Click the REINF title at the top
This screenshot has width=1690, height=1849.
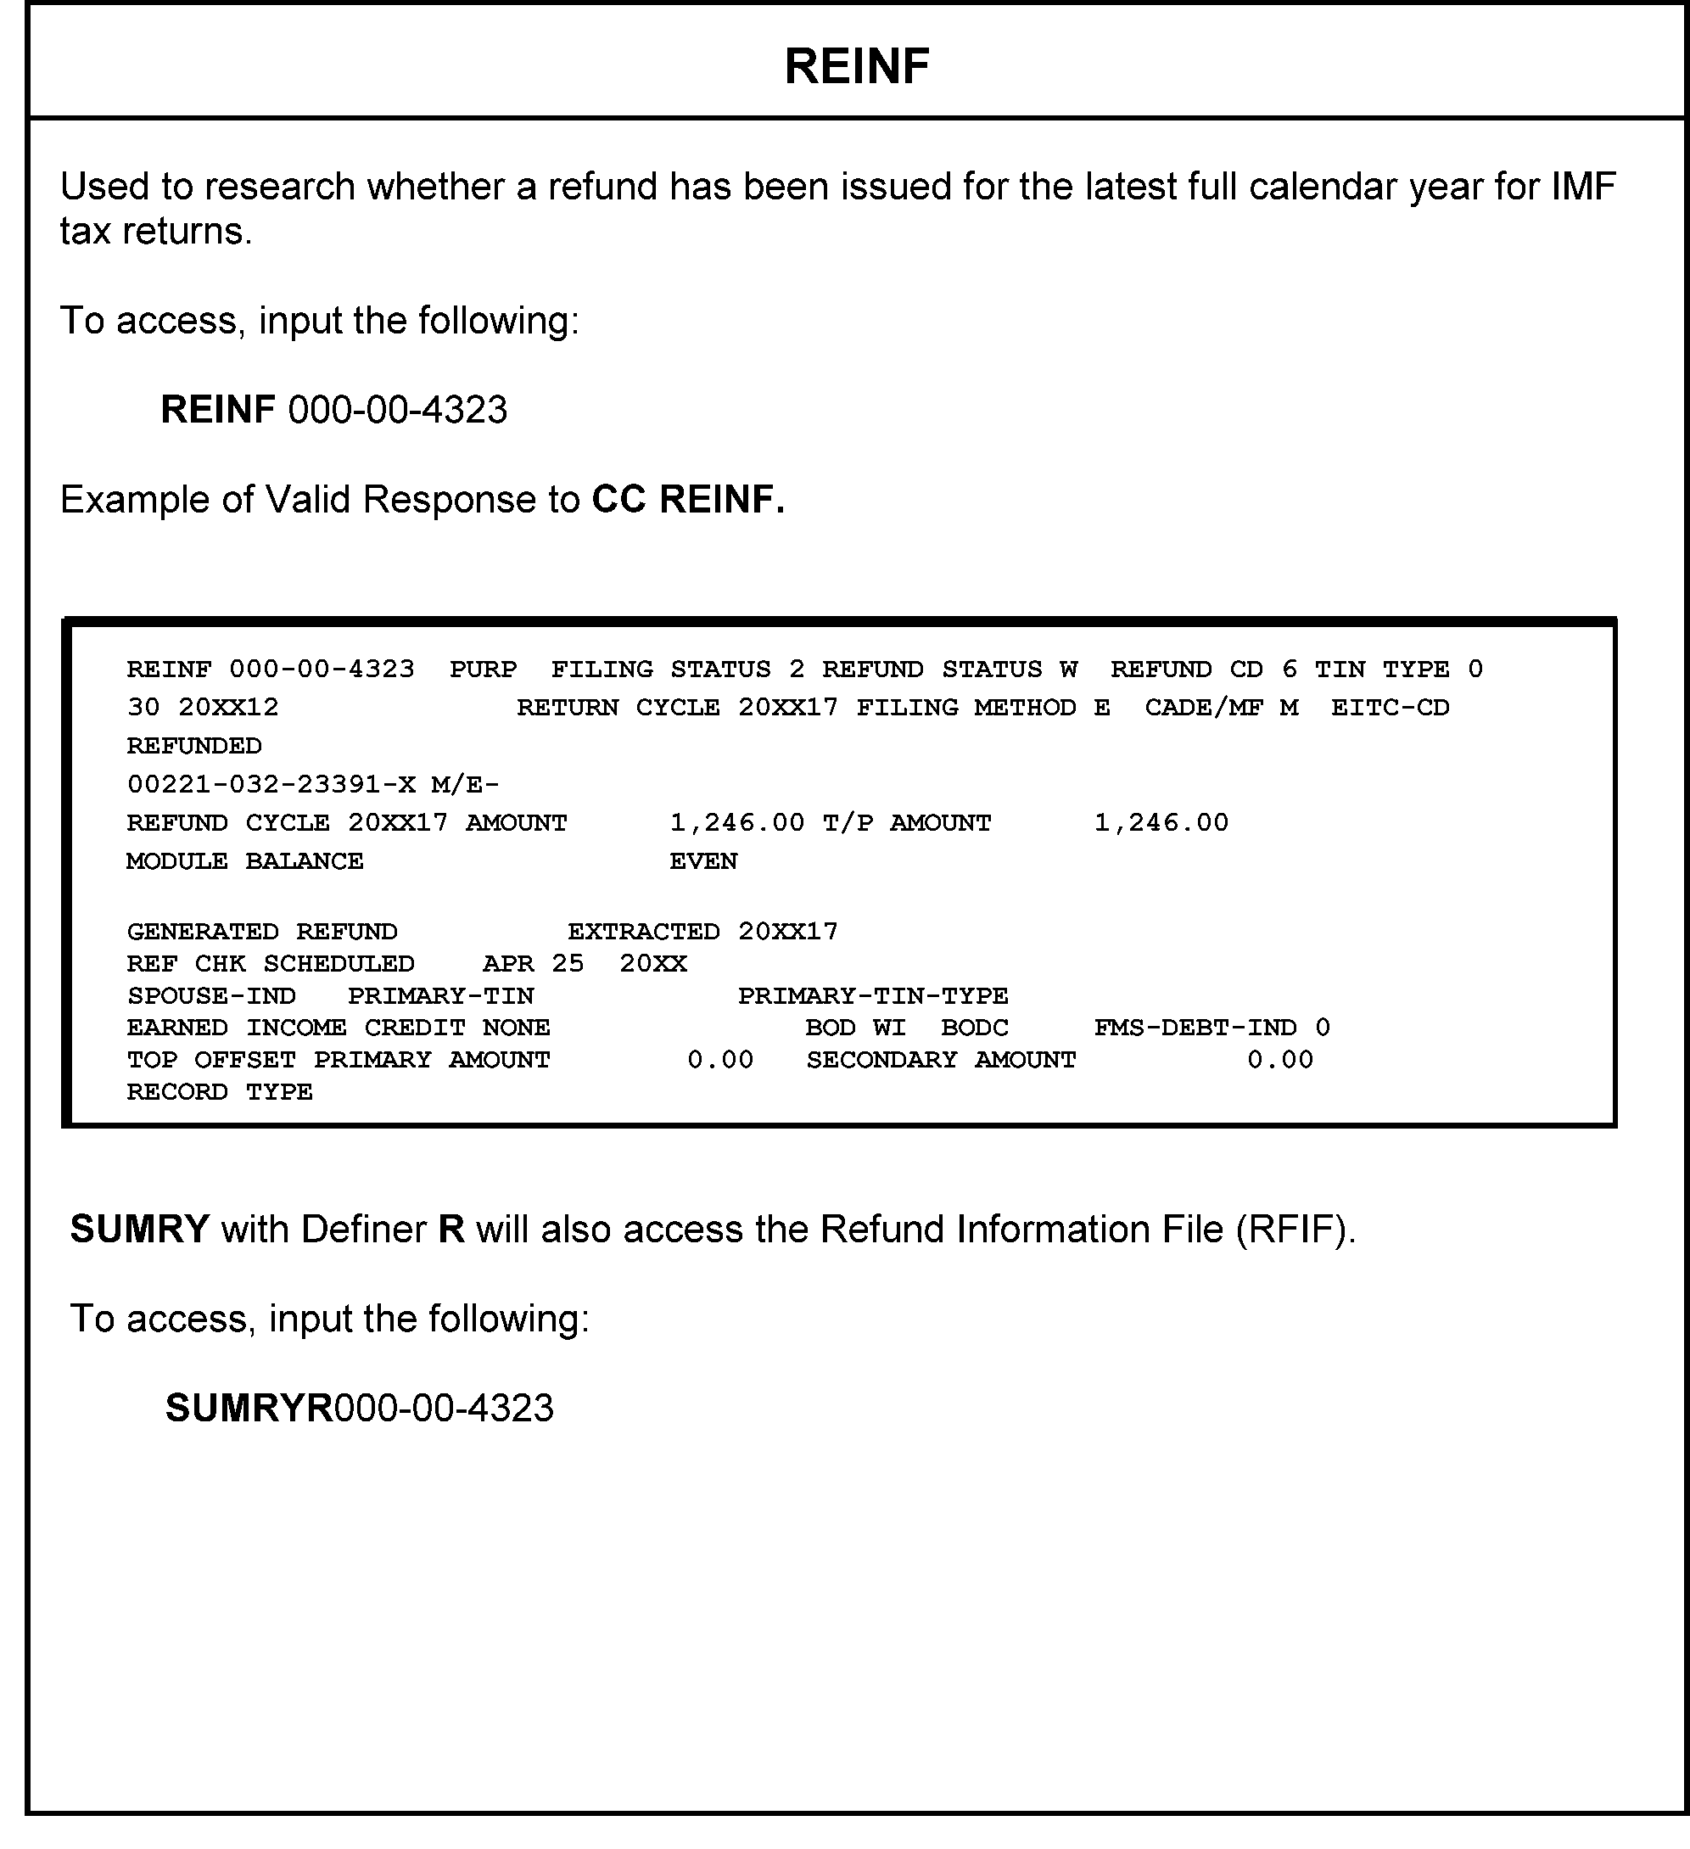tap(857, 66)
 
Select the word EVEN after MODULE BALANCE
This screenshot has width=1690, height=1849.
tap(703, 861)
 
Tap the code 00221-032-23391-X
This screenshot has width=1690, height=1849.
tap(271, 784)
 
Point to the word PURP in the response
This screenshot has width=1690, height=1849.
tap(484, 669)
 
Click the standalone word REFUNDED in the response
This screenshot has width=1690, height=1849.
tap(194, 746)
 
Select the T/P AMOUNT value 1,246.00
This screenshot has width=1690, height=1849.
tap(1161, 823)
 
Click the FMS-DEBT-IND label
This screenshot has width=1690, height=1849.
tap(1195, 1028)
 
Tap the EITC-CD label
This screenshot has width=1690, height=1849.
tap(1391, 707)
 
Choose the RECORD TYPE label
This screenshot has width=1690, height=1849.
tap(220, 1091)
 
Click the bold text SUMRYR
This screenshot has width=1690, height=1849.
tap(249, 1408)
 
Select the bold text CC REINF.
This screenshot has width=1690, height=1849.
tap(689, 500)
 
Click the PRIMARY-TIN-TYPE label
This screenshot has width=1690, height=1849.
tap(873, 996)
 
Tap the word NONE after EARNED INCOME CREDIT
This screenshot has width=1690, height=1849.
tap(517, 1028)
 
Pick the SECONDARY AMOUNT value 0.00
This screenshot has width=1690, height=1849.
tap(1280, 1059)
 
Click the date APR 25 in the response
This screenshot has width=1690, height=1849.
tap(533, 964)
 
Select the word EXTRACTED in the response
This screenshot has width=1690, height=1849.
tap(644, 932)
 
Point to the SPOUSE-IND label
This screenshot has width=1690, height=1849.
tap(211, 996)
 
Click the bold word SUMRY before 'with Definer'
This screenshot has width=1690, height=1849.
tap(140, 1229)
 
